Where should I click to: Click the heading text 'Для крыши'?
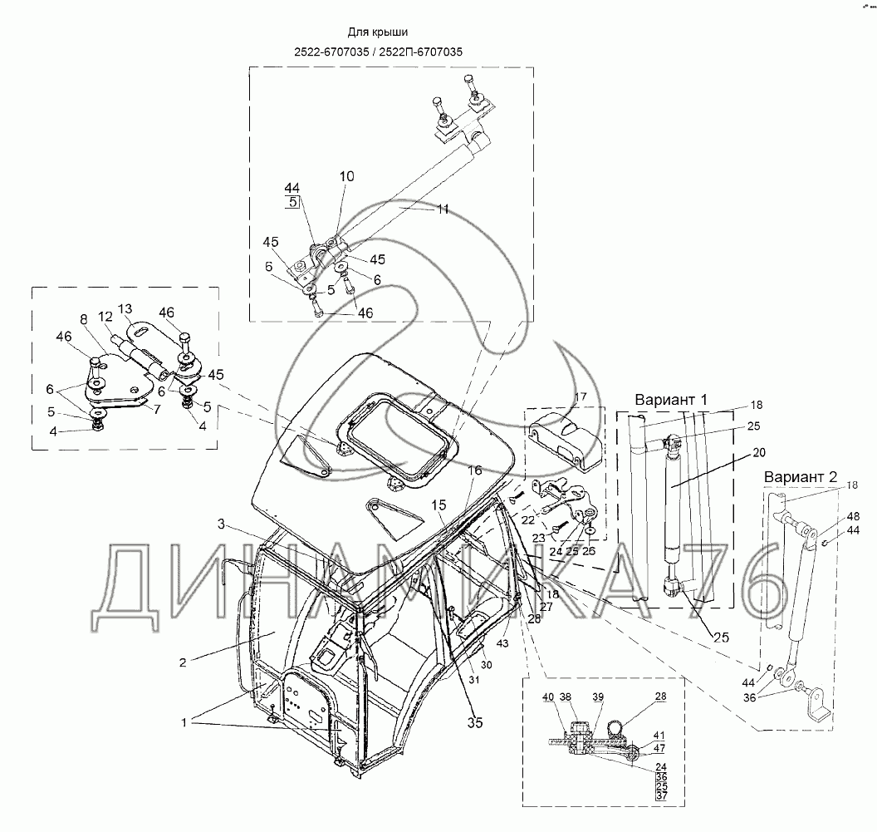click(x=378, y=32)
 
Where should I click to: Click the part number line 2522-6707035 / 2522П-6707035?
click(x=378, y=51)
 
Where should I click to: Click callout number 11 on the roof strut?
click(x=442, y=209)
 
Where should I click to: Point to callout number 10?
click(x=346, y=177)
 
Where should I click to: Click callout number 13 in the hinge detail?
click(x=125, y=309)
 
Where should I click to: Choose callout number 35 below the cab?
click(x=474, y=722)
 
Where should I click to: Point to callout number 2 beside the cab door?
click(x=182, y=662)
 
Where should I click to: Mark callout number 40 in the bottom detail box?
click(x=548, y=697)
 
